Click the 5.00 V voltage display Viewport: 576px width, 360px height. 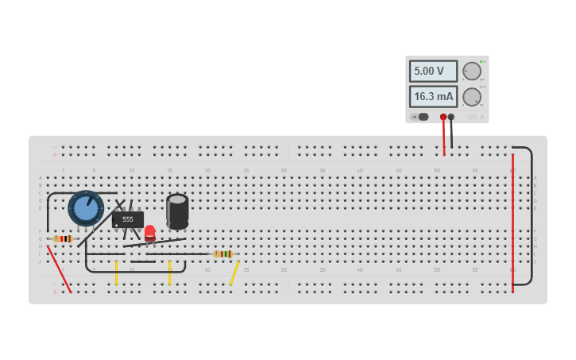pos(433,72)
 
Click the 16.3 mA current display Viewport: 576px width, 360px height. pos(433,97)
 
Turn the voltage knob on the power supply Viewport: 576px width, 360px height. pos(472,72)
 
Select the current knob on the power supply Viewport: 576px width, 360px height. pos(472,97)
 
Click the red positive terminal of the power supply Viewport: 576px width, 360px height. pos(443,117)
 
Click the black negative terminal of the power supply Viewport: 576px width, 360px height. pos(451,117)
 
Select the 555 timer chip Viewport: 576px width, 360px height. pos(128,219)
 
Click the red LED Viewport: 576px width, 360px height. pos(150,232)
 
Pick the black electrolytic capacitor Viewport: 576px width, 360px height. pos(177,211)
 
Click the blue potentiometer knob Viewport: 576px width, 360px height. pos(86,208)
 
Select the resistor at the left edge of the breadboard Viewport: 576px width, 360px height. pos(63,238)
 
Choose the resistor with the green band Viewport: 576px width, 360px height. pos(223,254)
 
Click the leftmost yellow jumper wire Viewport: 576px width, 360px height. pos(116,273)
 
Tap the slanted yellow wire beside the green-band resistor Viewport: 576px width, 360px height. pos(234,273)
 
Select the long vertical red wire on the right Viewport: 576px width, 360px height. pos(512,223)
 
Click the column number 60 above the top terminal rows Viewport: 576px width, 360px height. pos(512,171)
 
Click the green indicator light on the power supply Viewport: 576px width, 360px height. pos(481,61)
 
